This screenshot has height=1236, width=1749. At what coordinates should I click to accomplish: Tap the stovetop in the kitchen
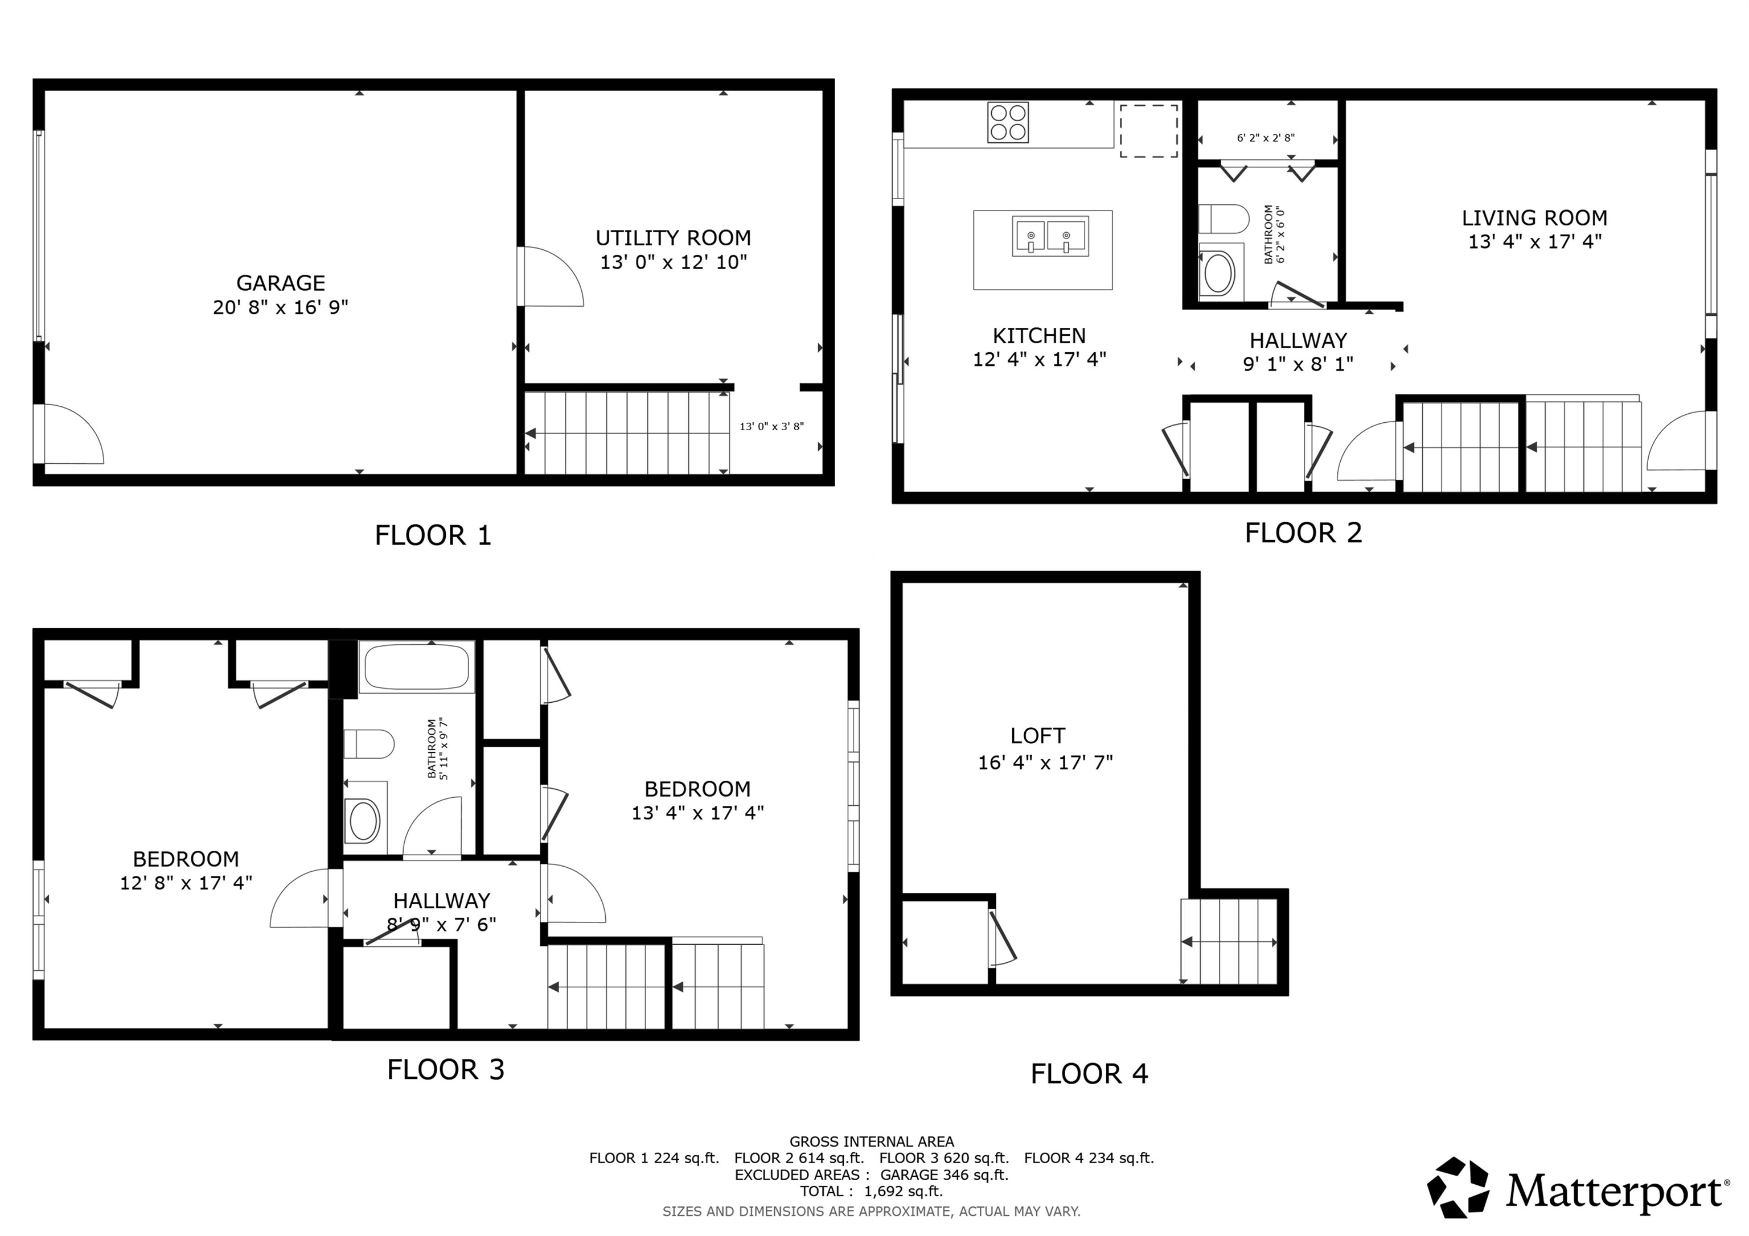(x=1008, y=122)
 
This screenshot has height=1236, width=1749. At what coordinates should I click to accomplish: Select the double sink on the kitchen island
(x=1050, y=236)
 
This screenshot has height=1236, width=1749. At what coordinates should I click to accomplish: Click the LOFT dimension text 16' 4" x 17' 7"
(x=1045, y=763)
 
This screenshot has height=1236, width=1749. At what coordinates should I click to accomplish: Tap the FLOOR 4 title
(x=1089, y=1074)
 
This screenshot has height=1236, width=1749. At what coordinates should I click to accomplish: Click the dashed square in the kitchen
(x=1148, y=131)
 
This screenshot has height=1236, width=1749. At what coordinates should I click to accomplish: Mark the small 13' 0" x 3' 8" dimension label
(x=771, y=426)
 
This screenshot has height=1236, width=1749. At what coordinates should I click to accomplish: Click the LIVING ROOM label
(x=1534, y=219)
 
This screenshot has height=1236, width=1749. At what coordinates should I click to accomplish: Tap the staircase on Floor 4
(x=1229, y=942)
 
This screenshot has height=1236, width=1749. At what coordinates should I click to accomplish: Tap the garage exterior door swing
(x=71, y=435)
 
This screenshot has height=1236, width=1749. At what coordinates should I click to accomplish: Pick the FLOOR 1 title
(x=433, y=536)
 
